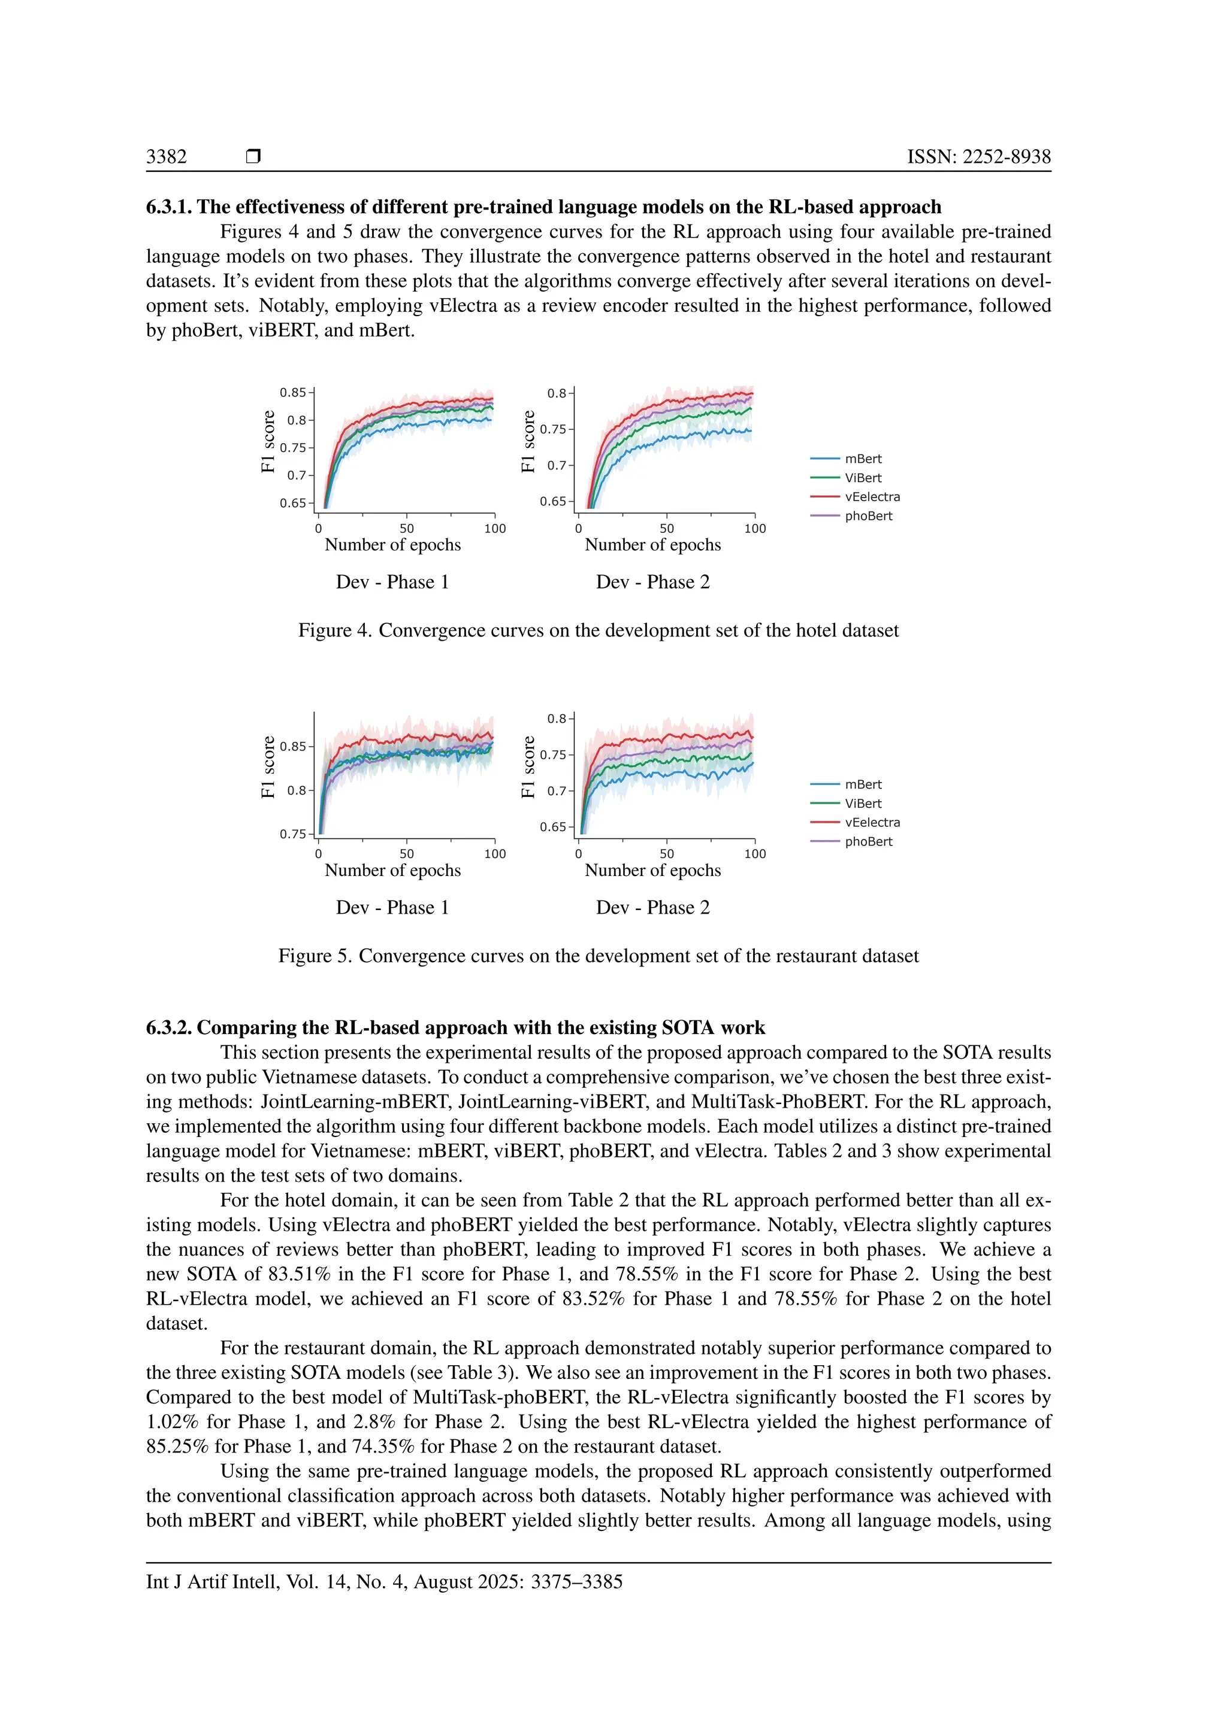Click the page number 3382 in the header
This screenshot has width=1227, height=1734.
(x=166, y=156)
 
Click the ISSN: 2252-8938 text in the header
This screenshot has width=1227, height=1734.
(x=978, y=156)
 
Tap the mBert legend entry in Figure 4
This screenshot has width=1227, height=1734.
(x=863, y=459)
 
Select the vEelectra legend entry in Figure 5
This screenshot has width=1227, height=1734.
(x=872, y=823)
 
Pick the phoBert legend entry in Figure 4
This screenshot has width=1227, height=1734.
(x=868, y=516)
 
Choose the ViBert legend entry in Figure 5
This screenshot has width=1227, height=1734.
(x=863, y=804)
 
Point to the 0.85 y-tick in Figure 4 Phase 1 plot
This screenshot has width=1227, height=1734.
(x=292, y=393)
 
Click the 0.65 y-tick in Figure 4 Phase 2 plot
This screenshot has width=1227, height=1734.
(x=552, y=502)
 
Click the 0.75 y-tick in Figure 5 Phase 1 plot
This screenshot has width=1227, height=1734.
(x=292, y=834)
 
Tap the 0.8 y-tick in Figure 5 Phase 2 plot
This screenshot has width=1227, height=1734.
(x=556, y=719)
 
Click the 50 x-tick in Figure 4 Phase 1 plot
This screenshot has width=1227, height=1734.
(x=406, y=529)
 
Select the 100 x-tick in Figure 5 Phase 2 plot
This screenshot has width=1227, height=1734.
(x=754, y=854)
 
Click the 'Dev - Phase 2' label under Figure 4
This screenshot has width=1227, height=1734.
(x=653, y=582)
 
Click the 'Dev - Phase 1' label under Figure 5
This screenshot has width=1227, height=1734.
(x=392, y=908)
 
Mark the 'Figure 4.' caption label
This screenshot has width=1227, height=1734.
(x=334, y=630)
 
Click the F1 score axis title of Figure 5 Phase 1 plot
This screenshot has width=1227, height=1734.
(x=268, y=768)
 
